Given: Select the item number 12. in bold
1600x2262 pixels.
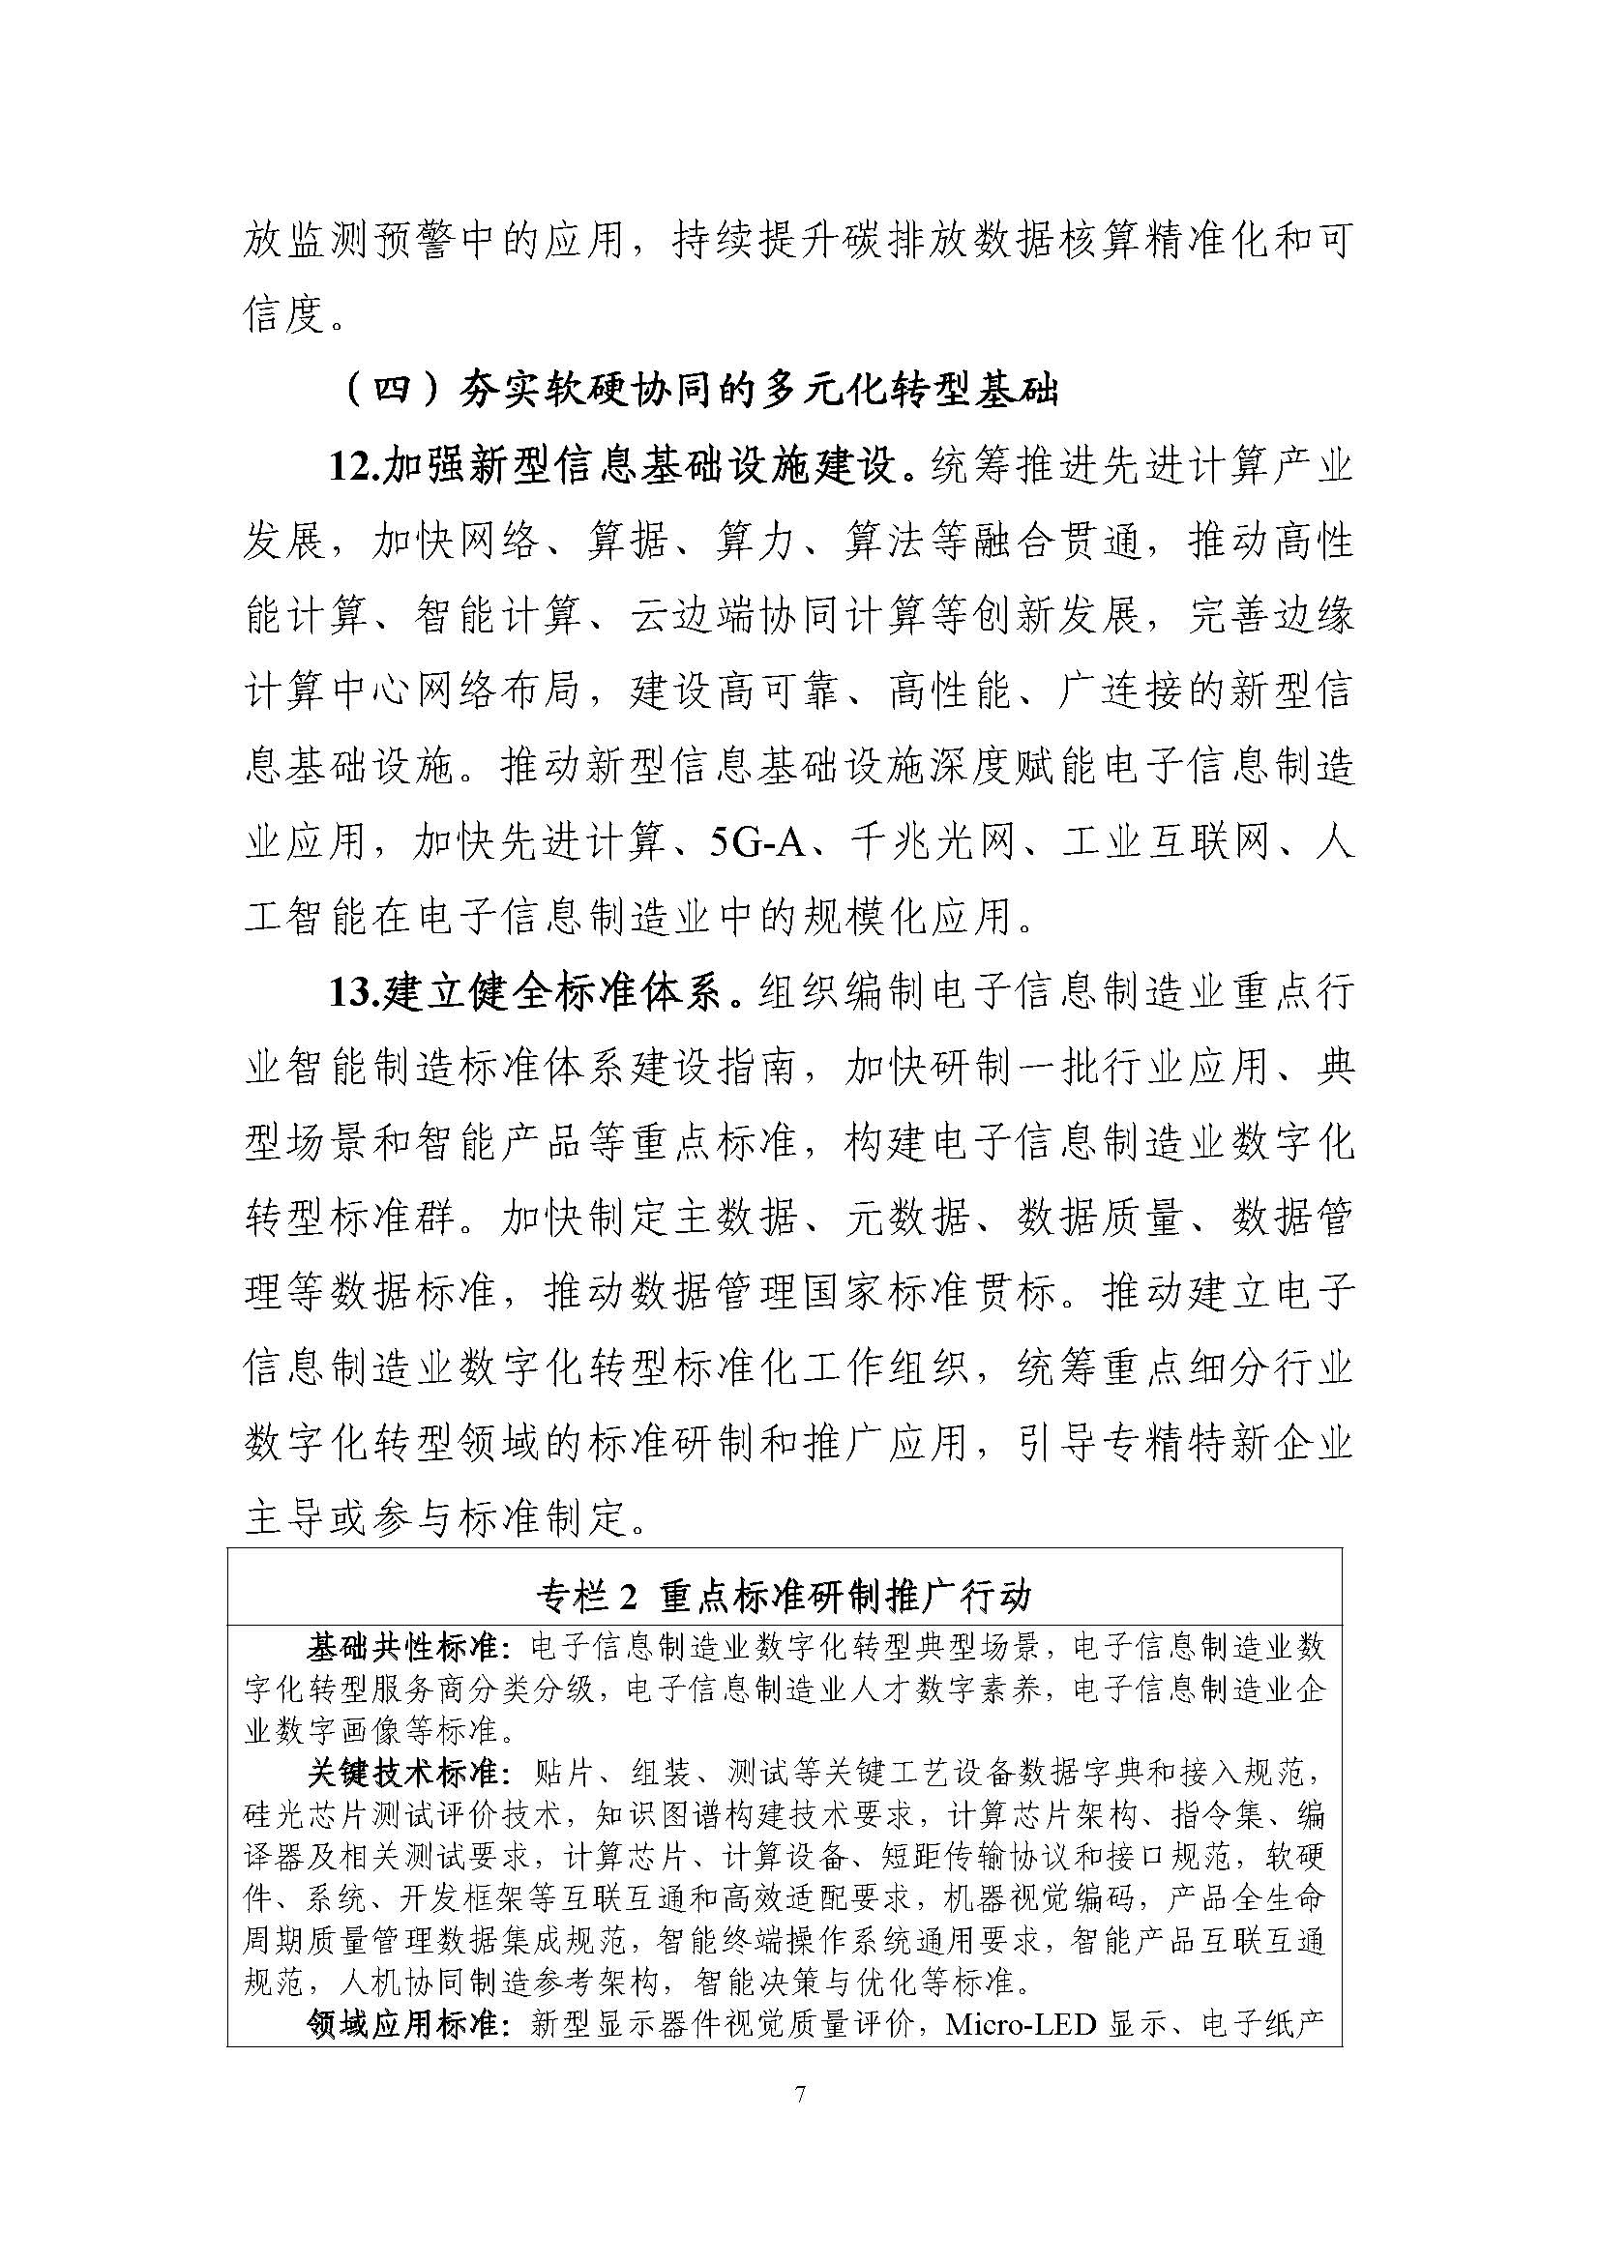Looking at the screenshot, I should click(354, 466).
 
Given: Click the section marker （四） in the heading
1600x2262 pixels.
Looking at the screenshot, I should click(392, 391).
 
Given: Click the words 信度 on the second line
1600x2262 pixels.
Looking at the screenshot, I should click(283, 315).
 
